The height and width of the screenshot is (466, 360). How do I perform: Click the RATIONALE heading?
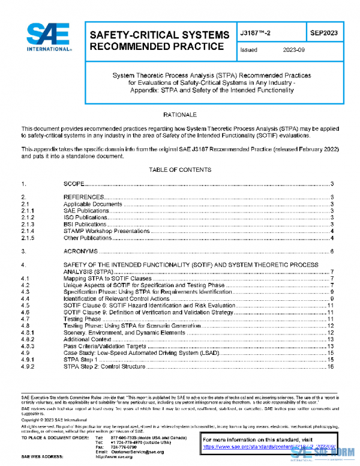click(180, 114)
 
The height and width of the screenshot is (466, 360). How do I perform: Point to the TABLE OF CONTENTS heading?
click(180, 170)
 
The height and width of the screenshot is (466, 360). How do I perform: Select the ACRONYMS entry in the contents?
click(80, 251)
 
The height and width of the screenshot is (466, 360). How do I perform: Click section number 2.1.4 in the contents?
click(28, 231)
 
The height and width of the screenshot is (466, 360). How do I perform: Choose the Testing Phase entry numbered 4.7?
click(83, 319)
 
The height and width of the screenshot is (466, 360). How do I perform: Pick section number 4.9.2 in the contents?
click(28, 366)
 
